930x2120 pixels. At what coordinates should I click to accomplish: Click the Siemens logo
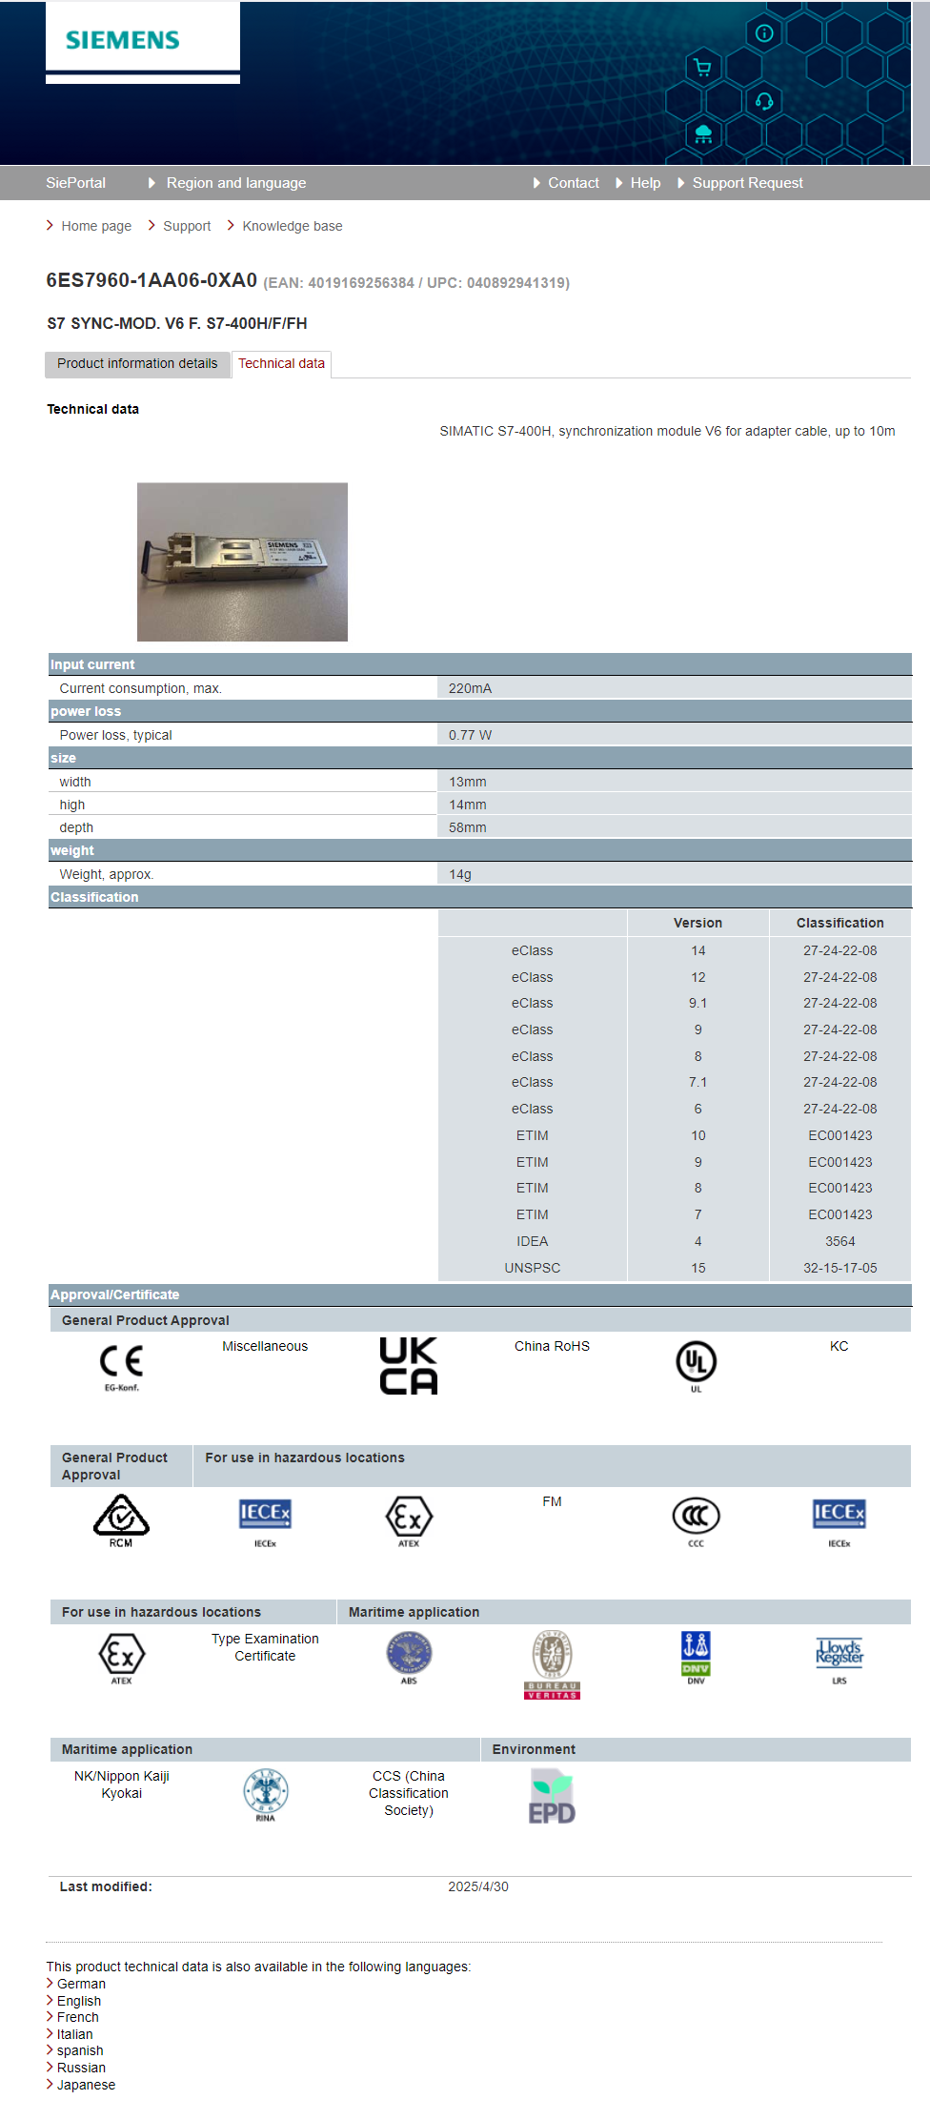click(123, 40)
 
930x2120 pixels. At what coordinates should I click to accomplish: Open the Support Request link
click(747, 183)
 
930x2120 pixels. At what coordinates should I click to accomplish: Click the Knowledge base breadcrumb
click(292, 226)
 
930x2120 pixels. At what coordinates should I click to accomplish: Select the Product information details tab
click(137, 363)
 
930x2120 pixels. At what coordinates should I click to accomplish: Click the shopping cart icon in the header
click(702, 67)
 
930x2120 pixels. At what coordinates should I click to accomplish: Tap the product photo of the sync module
click(242, 561)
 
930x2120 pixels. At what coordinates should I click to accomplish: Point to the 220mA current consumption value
click(470, 688)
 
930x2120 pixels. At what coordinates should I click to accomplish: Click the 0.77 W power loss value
click(470, 735)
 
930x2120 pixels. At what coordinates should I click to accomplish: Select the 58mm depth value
click(467, 827)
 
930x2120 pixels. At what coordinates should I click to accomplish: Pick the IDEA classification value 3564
click(839, 1241)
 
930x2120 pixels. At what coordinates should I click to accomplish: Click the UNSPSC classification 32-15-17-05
click(839, 1268)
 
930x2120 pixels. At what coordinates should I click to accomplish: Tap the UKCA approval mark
click(408, 1365)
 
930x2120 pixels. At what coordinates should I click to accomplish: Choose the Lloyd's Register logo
click(839, 1654)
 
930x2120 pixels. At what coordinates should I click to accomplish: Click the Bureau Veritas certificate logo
click(552, 1663)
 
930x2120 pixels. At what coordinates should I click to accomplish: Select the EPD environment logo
click(552, 1797)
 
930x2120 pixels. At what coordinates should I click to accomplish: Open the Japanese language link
click(86, 2085)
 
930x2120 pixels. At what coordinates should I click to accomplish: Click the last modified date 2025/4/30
click(478, 1886)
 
